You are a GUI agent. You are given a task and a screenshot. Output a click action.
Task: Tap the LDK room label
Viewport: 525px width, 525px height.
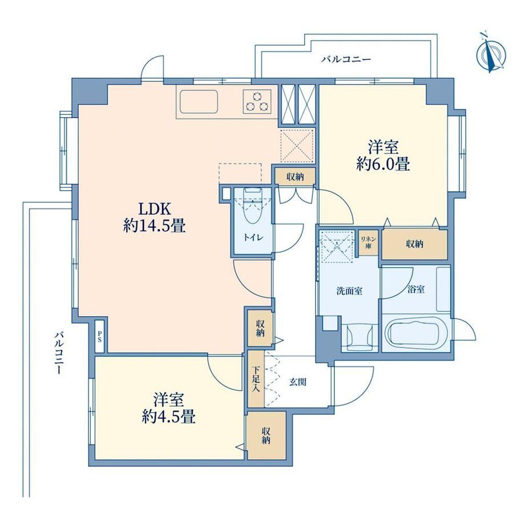tap(155, 209)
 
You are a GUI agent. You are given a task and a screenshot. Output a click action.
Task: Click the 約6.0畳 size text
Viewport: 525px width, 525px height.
tap(383, 164)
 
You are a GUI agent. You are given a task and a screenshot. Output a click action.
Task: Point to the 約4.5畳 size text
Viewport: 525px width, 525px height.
tap(168, 417)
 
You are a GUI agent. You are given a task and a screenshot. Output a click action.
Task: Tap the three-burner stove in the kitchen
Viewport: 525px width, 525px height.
tap(257, 102)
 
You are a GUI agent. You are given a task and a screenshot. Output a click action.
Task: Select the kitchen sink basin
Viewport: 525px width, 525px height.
tap(199, 102)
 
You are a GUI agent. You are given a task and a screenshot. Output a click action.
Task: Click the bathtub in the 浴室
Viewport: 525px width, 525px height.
tap(413, 334)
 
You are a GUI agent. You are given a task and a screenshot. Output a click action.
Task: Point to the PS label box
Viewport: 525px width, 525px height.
tap(100, 336)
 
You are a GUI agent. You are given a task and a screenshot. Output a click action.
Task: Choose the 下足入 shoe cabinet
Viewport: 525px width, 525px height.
tap(256, 379)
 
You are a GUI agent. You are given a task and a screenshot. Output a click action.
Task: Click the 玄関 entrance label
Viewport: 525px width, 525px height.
tap(298, 382)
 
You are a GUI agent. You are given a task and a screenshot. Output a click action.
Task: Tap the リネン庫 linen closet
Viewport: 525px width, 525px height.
tap(368, 243)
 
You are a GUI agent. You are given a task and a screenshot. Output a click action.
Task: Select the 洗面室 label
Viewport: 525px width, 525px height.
tap(349, 291)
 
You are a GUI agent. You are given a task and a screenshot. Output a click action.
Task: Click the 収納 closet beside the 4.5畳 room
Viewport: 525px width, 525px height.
tap(266, 435)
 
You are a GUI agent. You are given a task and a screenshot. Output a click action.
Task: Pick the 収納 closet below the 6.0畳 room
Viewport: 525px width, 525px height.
tap(415, 244)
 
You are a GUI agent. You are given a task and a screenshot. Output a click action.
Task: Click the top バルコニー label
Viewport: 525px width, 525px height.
tap(346, 59)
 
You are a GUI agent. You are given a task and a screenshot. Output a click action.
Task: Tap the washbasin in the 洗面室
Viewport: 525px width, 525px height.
tap(360, 337)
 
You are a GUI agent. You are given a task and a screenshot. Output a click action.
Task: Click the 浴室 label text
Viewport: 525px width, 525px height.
tap(416, 289)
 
